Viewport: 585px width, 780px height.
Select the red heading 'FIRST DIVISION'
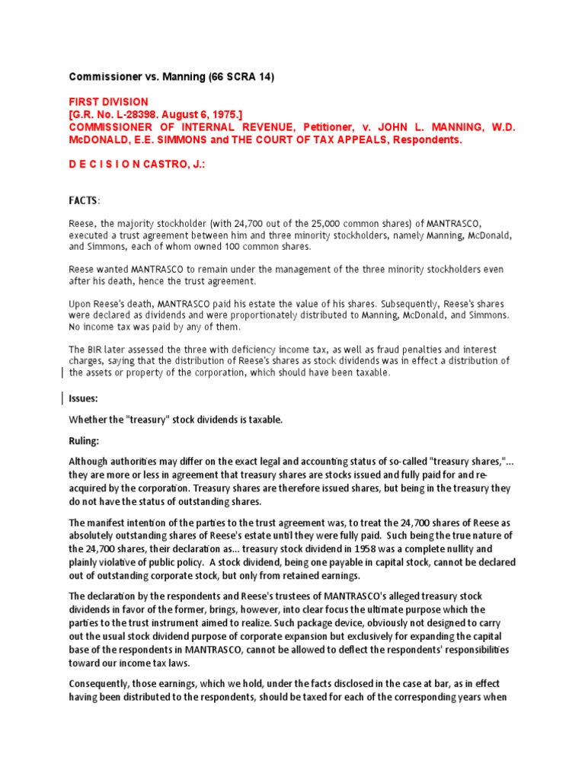(x=109, y=102)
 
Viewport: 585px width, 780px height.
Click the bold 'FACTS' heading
(x=83, y=200)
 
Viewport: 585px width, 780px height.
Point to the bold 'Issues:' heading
(x=84, y=398)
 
